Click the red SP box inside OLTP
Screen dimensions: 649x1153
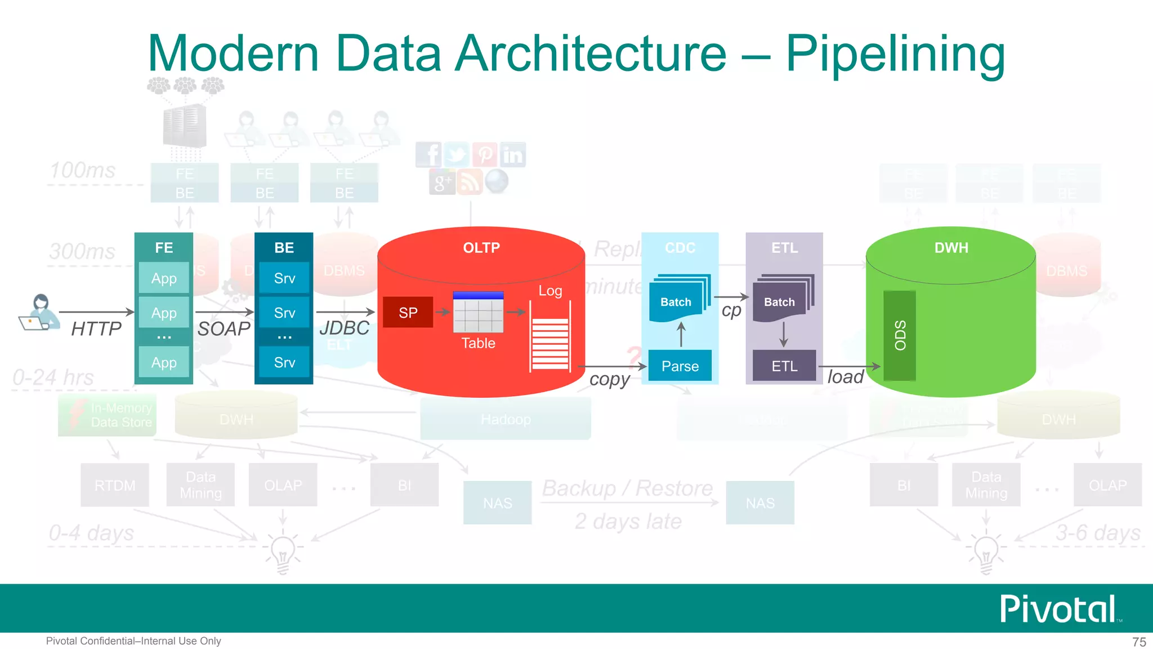pos(408,313)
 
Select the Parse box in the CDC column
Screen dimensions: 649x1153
pos(680,366)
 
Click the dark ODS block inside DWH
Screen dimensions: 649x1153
pos(900,336)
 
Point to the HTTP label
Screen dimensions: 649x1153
pos(96,328)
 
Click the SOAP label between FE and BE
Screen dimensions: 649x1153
pos(224,328)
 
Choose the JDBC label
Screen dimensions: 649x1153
pos(344,328)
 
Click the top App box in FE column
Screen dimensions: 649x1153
pos(164,278)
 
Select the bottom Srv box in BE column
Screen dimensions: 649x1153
pos(284,362)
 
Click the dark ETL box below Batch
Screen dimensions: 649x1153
pos(784,366)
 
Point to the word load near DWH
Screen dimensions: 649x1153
pos(845,377)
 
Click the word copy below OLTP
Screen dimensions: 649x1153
pos(609,379)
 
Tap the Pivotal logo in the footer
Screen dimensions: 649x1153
pos(1058,609)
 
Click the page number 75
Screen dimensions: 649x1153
pos(1139,642)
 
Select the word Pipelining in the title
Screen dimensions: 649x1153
pos(895,54)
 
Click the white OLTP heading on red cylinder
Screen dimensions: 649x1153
pos(481,248)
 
